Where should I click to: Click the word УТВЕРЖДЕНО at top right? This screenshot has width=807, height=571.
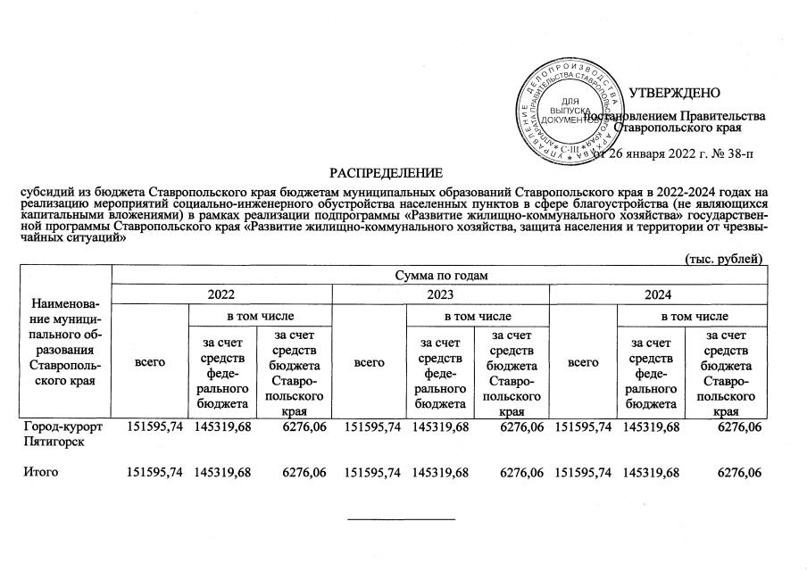[675, 94]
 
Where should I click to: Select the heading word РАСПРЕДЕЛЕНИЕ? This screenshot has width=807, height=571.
[387, 170]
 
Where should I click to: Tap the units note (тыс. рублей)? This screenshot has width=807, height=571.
[722, 259]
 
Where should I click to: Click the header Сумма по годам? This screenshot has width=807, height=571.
[439, 275]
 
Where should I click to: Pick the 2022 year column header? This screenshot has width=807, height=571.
[221, 294]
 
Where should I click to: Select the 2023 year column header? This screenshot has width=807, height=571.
[442, 294]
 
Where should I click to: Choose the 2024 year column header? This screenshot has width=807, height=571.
[660, 294]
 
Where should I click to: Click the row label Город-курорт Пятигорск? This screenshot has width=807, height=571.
[63, 434]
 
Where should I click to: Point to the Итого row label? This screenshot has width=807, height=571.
[41, 472]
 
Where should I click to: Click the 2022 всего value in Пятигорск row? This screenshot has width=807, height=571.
[156, 427]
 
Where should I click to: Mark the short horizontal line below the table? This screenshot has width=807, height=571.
[400, 518]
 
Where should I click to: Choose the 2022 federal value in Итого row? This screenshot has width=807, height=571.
[221, 472]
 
